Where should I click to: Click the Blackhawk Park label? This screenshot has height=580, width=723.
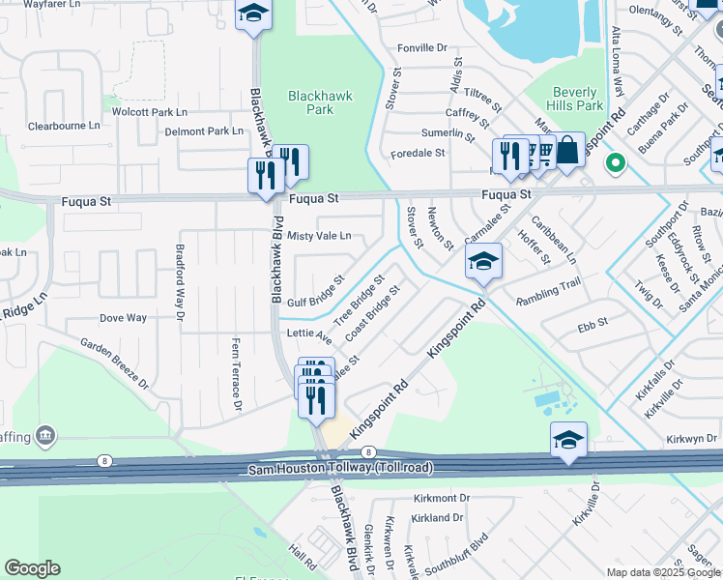pyautogui.click(x=321, y=102)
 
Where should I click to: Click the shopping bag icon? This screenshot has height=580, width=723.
pyautogui.click(x=567, y=150)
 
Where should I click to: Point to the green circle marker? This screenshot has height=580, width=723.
pyautogui.click(x=614, y=163)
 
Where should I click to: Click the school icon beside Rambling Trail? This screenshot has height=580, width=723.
pyautogui.click(x=483, y=261)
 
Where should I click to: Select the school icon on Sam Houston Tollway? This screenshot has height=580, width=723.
pyautogui.click(x=568, y=440)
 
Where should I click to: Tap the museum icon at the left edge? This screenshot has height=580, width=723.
pyautogui.click(x=44, y=436)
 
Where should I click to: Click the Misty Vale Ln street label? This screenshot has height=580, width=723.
pyautogui.click(x=319, y=236)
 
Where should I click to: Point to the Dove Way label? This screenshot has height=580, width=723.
pyautogui.click(x=124, y=317)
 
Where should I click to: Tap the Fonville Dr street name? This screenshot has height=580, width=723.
pyautogui.click(x=422, y=47)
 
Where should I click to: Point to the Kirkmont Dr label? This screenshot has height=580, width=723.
pyautogui.click(x=440, y=498)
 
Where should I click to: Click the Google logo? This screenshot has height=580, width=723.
pyautogui.click(x=31, y=568)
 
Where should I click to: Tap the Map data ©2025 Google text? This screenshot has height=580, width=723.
pyautogui.click(x=663, y=572)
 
